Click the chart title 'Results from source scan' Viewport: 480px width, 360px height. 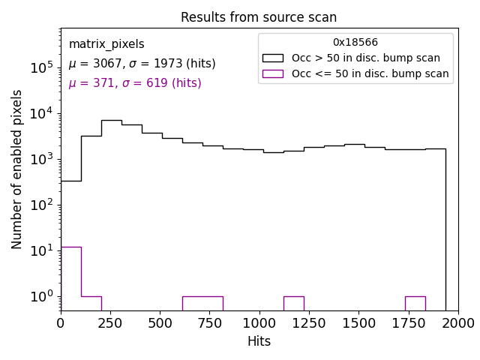[259, 17]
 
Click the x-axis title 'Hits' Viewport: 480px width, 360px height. [259, 341]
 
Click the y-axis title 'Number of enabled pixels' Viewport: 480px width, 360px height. [17, 169]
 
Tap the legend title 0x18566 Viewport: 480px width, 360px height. [355, 43]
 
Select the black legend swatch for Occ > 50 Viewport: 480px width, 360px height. [272, 58]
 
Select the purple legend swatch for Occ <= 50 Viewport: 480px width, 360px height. [272, 73]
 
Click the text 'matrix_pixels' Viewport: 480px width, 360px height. [106, 44]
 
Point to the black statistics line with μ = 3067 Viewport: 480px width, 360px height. [142, 64]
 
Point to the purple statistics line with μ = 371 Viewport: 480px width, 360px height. [135, 83]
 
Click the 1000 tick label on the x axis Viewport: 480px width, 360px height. [259, 323]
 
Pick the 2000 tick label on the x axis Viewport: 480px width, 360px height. [457, 323]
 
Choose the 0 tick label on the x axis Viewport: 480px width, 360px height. [61, 323]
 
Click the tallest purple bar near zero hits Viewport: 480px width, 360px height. [70, 277]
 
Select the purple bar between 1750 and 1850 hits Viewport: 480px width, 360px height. [415, 303]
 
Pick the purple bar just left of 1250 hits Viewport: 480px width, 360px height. [293, 303]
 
